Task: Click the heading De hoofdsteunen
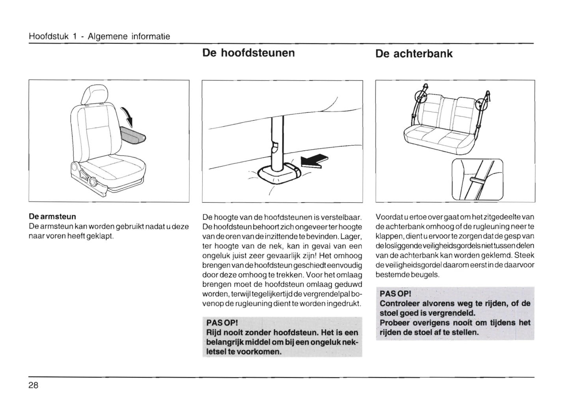point(248,53)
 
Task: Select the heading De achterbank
point(414,54)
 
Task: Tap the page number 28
point(33,385)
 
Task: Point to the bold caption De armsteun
point(52,217)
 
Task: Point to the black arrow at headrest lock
point(314,161)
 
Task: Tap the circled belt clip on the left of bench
point(421,96)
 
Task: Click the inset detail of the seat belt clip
point(477,179)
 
